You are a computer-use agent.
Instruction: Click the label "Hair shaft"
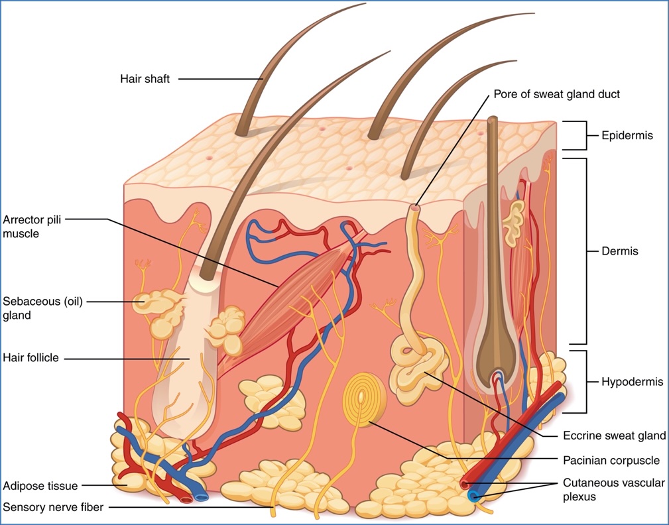pyautogui.click(x=145, y=79)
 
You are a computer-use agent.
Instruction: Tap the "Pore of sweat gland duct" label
pyautogui.click(x=557, y=94)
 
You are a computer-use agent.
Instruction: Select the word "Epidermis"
pyautogui.click(x=627, y=136)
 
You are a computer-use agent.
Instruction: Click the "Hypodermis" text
pyautogui.click(x=632, y=382)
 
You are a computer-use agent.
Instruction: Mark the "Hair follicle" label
pyautogui.click(x=31, y=358)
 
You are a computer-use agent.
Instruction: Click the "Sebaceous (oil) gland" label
pyautogui.click(x=42, y=308)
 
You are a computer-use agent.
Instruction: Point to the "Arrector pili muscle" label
pyautogui.click(x=32, y=225)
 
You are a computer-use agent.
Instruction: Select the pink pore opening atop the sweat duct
pyautogui.click(x=415, y=207)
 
